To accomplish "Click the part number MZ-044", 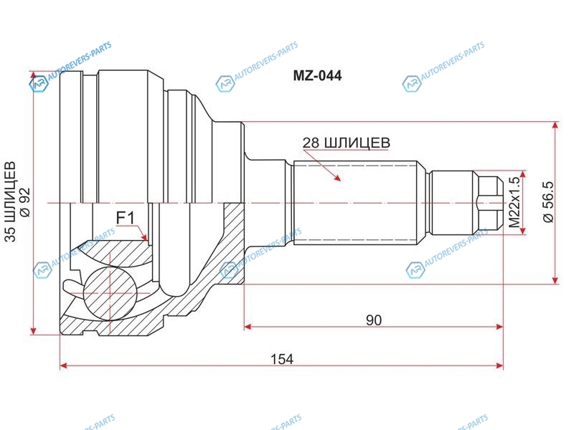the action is point(317,75).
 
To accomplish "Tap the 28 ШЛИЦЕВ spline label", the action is point(347,143).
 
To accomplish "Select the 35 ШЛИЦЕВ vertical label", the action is point(11,201).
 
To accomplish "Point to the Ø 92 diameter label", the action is point(25,201).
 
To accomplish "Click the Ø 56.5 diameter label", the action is point(548,201).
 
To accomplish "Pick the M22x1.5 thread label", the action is point(514,202).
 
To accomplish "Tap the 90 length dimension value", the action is point(374,320).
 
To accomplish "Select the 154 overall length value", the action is point(282,359).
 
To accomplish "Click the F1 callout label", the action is point(125,219).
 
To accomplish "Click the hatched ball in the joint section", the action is point(110,292).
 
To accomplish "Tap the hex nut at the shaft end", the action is point(488,202).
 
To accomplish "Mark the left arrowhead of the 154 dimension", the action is point(64,365).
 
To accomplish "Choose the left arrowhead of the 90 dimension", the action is point(248,327).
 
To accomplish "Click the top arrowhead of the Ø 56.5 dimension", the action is point(555,125).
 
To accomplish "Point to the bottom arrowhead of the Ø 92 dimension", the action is point(33,330).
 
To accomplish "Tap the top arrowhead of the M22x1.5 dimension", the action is point(523,174).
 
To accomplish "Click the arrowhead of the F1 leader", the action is point(145,237).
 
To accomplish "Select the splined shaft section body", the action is point(354,202).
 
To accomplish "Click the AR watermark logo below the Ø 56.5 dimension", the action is point(415,270).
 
